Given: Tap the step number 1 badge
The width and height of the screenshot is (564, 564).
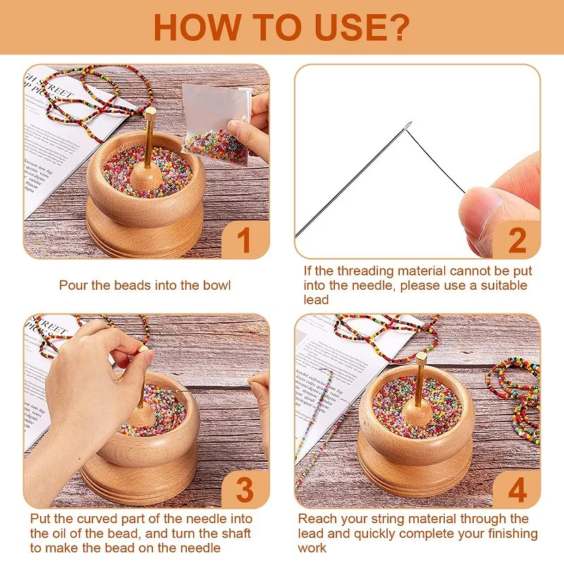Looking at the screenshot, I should pyautogui.click(x=244, y=240).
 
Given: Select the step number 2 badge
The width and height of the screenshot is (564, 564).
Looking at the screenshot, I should pyautogui.click(x=517, y=240).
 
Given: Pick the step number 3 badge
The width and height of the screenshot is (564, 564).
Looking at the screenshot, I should pyautogui.click(x=244, y=489).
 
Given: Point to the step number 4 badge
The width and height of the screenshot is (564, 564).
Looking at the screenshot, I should pyautogui.click(x=517, y=489).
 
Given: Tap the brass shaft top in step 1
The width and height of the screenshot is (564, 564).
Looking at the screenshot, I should pyautogui.click(x=150, y=113).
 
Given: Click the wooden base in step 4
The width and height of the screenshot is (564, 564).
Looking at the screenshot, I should pyautogui.click(x=416, y=479).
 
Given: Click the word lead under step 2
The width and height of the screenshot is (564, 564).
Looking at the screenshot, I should pyautogui.click(x=317, y=300).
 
